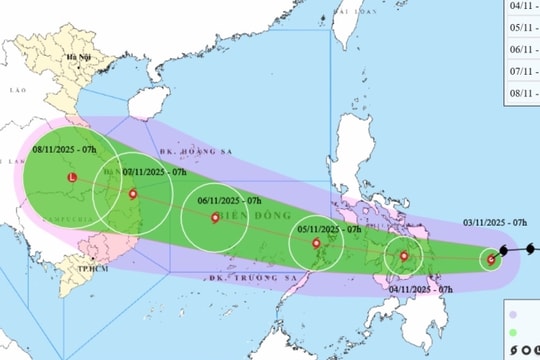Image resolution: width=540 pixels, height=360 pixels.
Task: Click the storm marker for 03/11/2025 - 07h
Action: click(490, 261)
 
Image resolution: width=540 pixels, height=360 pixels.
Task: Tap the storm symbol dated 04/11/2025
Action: click(404, 257)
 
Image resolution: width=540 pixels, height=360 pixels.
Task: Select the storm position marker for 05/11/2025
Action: click(316, 243)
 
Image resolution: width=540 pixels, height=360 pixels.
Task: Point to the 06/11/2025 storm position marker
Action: click(215, 216)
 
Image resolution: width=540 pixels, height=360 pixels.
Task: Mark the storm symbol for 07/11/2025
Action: click(133, 194)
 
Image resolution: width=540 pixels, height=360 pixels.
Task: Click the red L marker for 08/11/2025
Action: click(71, 178)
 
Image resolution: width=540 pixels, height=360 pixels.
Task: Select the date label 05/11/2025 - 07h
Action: click(330, 230)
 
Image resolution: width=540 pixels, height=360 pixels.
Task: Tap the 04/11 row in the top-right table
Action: click(521, 6)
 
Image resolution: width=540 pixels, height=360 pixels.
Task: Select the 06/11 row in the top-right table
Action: click(521, 48)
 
